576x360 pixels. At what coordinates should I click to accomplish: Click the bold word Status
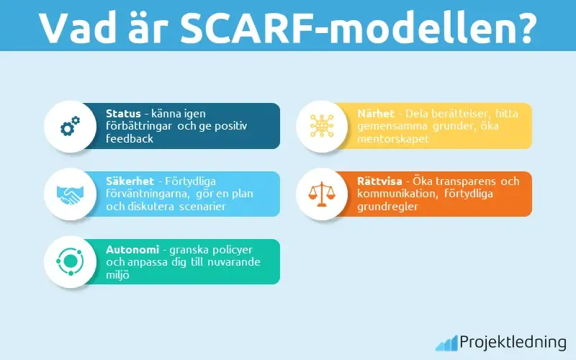(123, 114)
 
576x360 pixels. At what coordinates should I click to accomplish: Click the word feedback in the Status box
(130, 138)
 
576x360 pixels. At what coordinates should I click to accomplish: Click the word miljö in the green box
(117, 274)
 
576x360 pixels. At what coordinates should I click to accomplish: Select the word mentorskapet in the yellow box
(393, 138)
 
